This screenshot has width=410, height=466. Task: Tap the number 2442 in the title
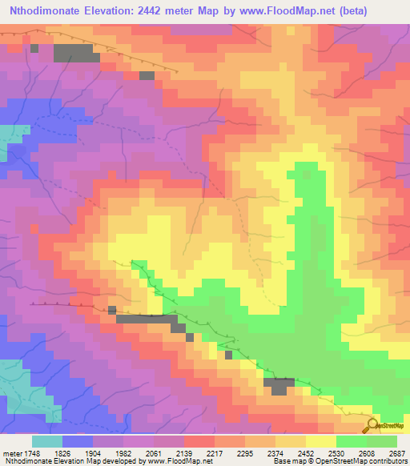click(x=167, y=12)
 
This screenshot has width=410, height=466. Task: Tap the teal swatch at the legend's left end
click(x=46, y=441)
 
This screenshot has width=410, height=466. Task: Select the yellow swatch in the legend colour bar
click(x=320, y=441)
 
